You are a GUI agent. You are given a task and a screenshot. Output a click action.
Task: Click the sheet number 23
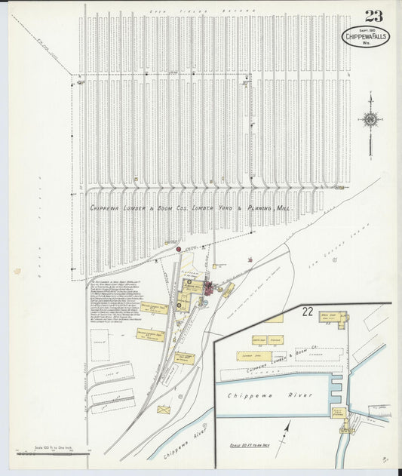click(373, 16)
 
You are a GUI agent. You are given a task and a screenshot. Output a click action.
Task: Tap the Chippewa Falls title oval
click(366, 37)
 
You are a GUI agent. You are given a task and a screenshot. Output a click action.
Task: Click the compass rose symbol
click(370, 119)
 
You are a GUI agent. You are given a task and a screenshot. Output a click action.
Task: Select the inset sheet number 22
click(307, 311)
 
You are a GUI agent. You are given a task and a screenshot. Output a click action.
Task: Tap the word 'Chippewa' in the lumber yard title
click(109, 207)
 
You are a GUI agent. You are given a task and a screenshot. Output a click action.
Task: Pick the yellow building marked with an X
click(164, 410)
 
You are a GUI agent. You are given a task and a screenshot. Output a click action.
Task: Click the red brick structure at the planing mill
click(207, 287)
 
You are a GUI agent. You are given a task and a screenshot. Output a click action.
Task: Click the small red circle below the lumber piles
click(179, 249)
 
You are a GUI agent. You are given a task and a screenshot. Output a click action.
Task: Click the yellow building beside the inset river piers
click(339, 413)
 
